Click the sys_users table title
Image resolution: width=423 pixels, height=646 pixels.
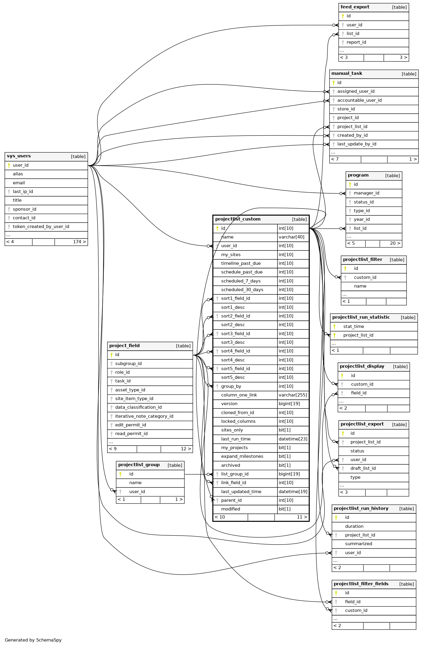pyautogui.click(x=19, y=156)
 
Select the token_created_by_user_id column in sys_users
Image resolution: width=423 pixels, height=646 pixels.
pyautogui.click(x=41, y=227)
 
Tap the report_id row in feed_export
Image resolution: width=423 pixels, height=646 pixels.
pyautogui.click(x=356, y=42)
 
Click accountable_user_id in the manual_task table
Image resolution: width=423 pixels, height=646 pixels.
pyautogui.click(x=359, y=100)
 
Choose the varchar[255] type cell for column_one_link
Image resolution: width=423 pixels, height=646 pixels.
pyautogui.click(x=293, y=395)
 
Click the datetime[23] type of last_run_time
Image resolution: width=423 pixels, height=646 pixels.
pyautogui.click(x=293, y=439)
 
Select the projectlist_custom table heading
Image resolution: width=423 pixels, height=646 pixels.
pyautogui.click(x=238, y=219)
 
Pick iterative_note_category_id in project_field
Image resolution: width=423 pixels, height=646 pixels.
pyautogui.click(x=144, y=416)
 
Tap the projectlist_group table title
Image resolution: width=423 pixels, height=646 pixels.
pyautogui.click(x=139, y=465)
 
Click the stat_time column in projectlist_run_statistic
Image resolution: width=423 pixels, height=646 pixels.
pyautogui.click(x=354, y=327)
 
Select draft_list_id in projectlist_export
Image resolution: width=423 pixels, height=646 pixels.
pyautogui.click(x=363, y=469)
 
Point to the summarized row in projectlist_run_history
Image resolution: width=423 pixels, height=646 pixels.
pyautogui.click(x=358, y=544)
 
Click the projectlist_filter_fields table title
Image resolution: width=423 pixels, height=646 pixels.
pyautogui.click(x=361, y=584)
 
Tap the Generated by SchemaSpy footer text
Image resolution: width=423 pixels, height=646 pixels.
pyautogui.click(x=33, y=640)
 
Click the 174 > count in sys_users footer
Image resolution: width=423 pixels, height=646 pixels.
pyautogui.click(x=79, y=242)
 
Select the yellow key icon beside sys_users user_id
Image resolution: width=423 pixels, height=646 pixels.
pyautogui.click(x=9, y=165)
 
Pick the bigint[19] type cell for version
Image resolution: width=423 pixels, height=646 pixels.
pyautogui.click(x=289, y=404)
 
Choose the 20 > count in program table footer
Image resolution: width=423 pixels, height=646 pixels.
pyautogui.click(x=395, y=244)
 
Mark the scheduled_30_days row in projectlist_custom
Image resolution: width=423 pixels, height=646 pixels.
pyautogui.click(x=242, y=290)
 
